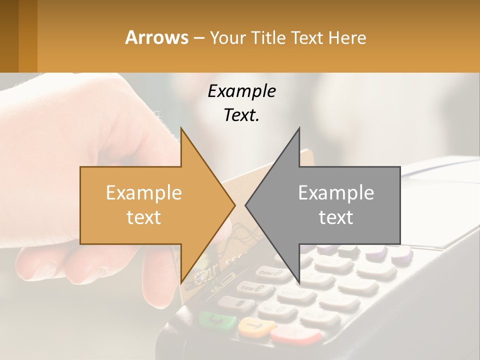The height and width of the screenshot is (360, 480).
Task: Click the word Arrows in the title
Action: point(156,37)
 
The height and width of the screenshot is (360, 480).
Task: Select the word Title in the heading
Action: point(268,37)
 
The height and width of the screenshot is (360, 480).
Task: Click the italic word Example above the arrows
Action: point(241,91)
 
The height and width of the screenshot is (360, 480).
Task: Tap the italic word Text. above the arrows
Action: point(241,115)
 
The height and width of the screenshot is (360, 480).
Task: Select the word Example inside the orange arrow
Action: point(144,193)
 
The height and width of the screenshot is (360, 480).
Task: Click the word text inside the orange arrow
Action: point(144,217)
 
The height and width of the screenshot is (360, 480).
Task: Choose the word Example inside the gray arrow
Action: point(336,193)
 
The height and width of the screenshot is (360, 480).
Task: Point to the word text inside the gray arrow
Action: point(336,217)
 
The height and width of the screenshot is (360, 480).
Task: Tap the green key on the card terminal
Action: point(217,320)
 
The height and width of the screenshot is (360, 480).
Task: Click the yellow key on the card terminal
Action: point(256,327)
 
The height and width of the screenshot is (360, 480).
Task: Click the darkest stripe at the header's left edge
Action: point(9,36)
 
